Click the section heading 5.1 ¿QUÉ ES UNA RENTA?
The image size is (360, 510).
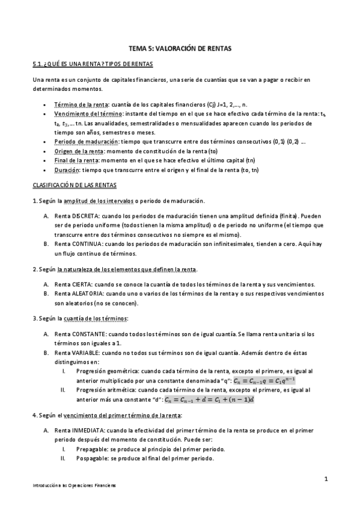point(94,64)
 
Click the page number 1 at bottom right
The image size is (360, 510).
point(325,479)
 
